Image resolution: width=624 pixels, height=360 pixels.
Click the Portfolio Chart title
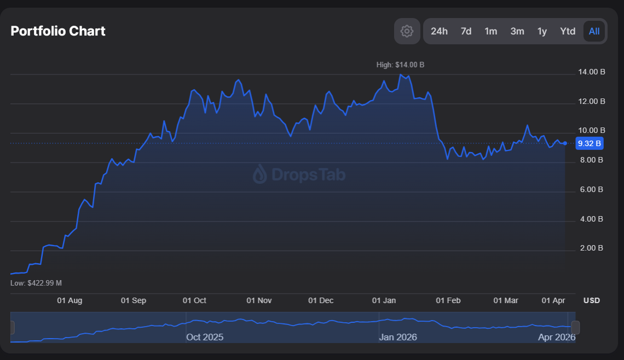pos(58,31)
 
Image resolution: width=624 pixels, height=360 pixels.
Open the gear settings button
pos(407,31)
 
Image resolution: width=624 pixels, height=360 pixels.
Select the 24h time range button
pos(439,31)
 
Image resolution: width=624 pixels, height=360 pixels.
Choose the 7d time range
pos(466,31)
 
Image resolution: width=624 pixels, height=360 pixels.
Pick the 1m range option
pos(491,31)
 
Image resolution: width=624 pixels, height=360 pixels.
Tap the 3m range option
pos(517,31)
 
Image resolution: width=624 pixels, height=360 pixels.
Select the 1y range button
pos(542,31)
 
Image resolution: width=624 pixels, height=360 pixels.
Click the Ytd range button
pos(568,31)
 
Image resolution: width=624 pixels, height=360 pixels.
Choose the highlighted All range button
pos(594,31)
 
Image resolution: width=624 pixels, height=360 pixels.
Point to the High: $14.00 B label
pos(400,65)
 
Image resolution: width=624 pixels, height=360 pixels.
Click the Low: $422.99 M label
pos(36,283)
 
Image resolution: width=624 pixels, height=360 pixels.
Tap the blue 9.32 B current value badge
pos(590,143)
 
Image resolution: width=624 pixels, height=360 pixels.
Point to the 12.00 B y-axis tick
pos(591,101)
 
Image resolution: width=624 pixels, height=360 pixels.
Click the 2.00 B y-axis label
pos(591,248)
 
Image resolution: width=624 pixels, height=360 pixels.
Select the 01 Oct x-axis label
pos(194,300)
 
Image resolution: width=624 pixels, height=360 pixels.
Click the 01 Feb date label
pos(448,300)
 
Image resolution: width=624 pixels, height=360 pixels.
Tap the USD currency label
pos(591,300)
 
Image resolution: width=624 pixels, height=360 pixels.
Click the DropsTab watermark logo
pos(299,175)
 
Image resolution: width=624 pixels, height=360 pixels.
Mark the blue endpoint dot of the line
pos(565,143)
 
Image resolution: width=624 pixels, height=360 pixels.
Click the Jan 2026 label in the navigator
pos(397,337)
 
